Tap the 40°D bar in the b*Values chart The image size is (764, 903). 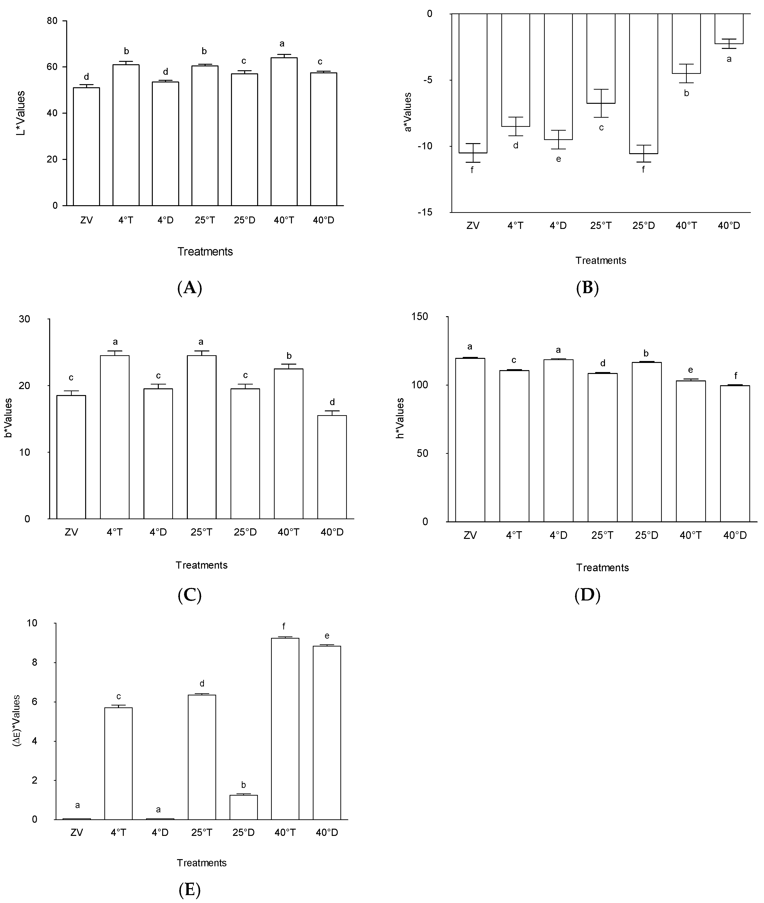coord(332,467)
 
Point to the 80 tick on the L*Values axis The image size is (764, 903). coord(52,21)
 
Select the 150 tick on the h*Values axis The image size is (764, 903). coord(419,316)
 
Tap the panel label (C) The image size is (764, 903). coord(190,596)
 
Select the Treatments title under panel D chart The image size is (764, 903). coord(602,567)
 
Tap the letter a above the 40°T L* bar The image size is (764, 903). coord(282,43)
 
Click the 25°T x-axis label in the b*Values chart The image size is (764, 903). coord(201,532)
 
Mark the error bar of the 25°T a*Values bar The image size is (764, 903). coord(601,103)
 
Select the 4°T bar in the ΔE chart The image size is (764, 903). coord(118,763)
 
